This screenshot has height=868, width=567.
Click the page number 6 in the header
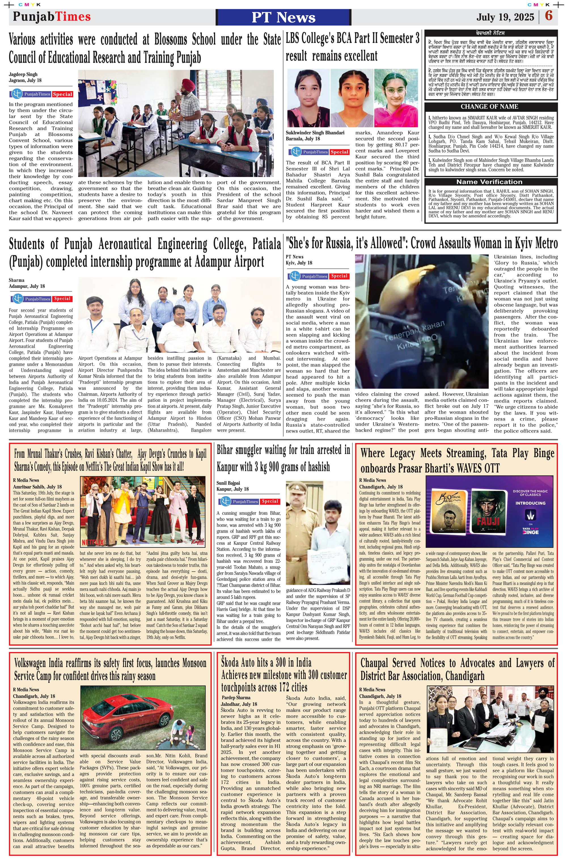[x=549, y=16]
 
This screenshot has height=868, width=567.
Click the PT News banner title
[x=283, y=17]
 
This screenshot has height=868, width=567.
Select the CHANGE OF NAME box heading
[x=489, y=106]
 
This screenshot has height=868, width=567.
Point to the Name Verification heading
[x=489, y=182]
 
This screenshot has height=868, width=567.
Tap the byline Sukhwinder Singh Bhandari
[x=315, y=133]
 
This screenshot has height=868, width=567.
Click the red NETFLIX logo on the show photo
[x=92, y=542]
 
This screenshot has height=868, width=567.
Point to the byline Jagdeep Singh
[x=23, y=74]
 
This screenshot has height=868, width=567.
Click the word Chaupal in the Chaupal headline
[x=375, y=663]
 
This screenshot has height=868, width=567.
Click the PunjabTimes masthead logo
[x=52, y=16]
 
